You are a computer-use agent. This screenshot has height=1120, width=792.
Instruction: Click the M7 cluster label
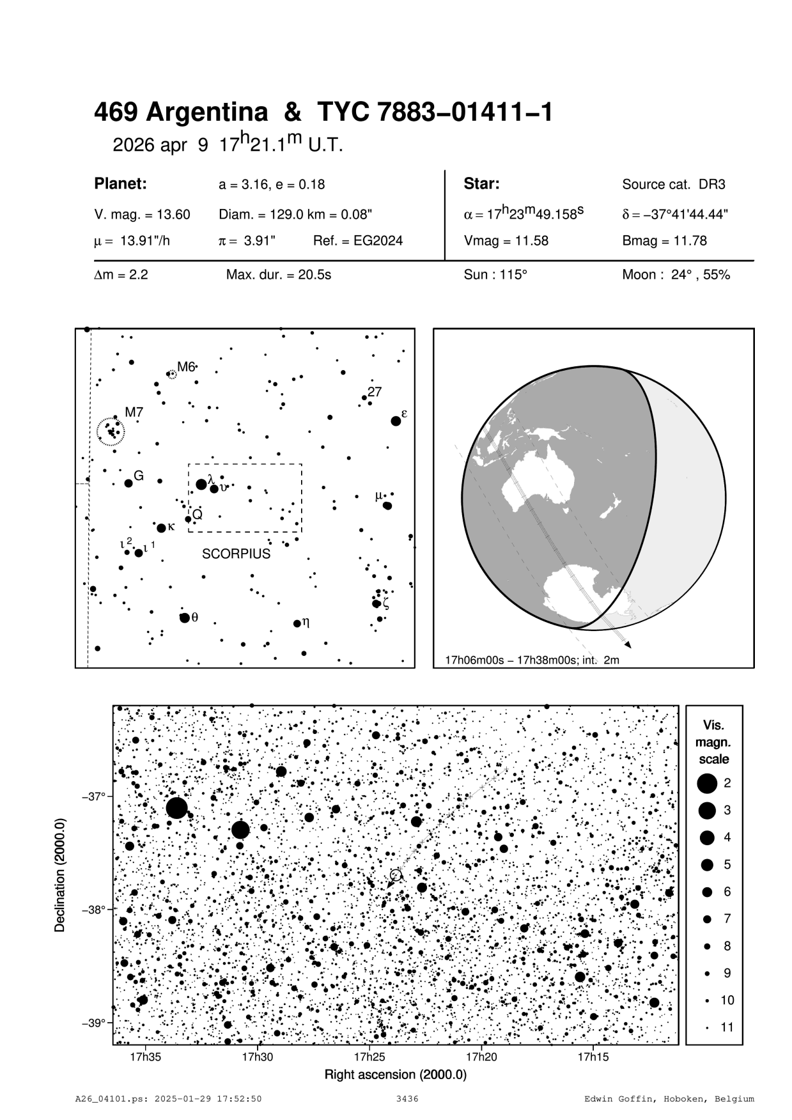[134, 413]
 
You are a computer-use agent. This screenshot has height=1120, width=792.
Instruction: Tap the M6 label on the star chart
[185, 367]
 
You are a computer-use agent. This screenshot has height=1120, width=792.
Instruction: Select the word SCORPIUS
[237, 554]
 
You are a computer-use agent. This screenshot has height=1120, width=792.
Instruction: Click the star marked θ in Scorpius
[185, 618]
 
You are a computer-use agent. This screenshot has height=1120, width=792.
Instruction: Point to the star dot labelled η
[297, 623]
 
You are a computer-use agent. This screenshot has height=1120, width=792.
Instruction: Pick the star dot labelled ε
[396, 421]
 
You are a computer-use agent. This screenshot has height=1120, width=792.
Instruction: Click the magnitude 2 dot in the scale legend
[707, 783]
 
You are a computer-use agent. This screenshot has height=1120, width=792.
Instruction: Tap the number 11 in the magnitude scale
[727, 1027]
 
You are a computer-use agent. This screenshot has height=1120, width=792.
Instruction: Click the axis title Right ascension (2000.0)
[396, 1075]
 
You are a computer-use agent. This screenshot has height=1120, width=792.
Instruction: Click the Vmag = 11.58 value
[506, 241]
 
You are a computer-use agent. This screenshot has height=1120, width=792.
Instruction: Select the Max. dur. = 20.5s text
[279, 276]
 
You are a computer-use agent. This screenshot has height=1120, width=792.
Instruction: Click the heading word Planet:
[121, 184]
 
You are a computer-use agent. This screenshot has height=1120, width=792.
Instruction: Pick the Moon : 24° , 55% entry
[676, 276]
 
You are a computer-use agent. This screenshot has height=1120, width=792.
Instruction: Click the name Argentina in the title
[206, 113]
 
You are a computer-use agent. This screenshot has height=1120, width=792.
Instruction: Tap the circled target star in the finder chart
[396, 875]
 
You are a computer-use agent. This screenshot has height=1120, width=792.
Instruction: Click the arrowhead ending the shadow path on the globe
[629, 645]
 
